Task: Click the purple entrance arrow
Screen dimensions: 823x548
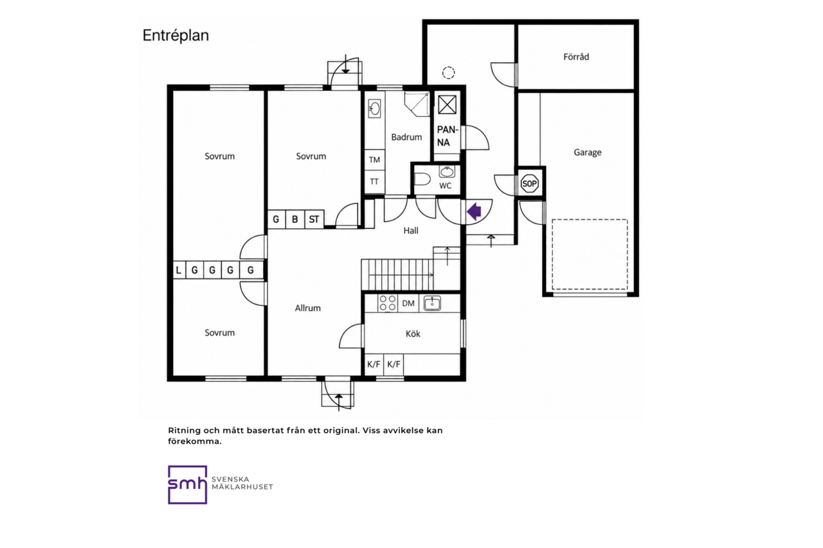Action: point(475,211)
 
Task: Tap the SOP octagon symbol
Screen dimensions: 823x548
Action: point(529,184)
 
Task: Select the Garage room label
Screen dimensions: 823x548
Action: point(588,152)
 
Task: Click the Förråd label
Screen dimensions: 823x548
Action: point(576,57)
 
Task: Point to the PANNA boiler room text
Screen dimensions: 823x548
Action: point(447,136)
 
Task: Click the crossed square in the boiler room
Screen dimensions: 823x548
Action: point(447,105)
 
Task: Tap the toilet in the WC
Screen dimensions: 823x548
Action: point(422,179)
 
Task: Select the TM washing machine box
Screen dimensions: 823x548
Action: point(374,160)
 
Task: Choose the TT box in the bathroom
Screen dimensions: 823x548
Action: point(374,182)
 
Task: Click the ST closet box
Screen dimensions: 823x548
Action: point(314,220)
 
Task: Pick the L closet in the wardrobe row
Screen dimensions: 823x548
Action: point(179,270)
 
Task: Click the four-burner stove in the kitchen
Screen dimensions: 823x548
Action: point(388,303)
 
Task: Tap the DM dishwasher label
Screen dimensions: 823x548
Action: point(408,303)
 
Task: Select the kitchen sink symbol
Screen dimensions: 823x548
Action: point(432,303)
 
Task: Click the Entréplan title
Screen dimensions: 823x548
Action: point(176,36)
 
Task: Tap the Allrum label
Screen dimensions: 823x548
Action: point(307,308)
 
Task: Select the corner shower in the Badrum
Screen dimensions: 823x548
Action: point(417,104)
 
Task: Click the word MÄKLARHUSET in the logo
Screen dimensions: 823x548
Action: point(242,487)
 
